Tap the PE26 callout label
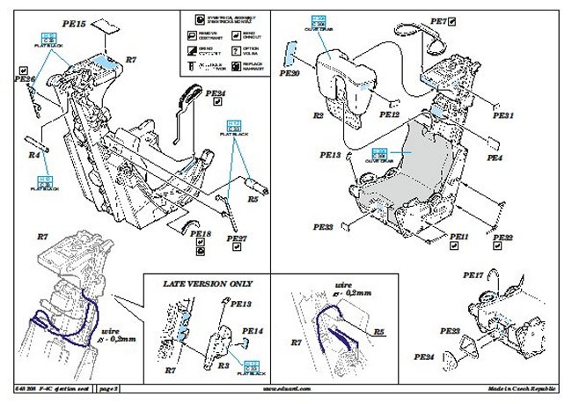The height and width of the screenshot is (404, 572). [x=25, y=79]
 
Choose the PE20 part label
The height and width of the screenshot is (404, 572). [x=290, y=74]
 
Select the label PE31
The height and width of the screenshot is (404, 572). [x=502, y=115]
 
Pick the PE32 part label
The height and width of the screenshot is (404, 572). [x=502, y=239]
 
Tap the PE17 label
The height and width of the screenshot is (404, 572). [x=473, y=275]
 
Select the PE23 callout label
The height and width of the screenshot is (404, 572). [x=449, y=330]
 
